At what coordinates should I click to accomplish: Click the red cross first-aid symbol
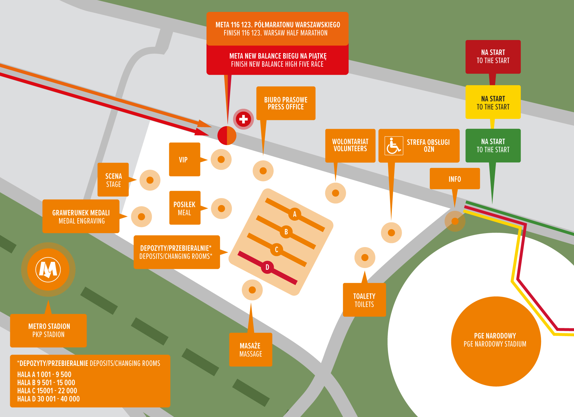click(243, 119)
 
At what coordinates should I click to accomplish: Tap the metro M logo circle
click(48, 269)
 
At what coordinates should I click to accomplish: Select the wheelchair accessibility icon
click(394, 146)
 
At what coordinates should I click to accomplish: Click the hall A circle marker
click(295, 214)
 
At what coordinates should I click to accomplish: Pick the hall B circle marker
click(286, 232)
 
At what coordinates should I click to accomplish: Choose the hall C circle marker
click(277, 249)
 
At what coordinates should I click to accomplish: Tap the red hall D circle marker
click(267, 267)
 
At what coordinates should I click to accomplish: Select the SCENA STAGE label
click(113, 180)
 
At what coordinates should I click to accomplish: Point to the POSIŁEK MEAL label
click(185, 208)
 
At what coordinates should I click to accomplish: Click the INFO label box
click(454, 179)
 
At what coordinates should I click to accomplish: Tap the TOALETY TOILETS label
click(364, 300)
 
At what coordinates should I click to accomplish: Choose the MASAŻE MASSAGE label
click(251, 349)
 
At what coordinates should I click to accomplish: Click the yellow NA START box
click(493, 102)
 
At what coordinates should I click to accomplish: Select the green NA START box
click(493, 145)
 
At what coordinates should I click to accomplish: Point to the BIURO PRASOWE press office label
click(286, 103)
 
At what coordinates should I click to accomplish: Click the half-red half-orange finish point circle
click(227, 135)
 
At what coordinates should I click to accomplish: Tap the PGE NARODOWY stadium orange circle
click(496, 341)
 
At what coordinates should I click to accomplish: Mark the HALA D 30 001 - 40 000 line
click(48, 399)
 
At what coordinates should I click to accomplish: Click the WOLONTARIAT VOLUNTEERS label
click(350, 145)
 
